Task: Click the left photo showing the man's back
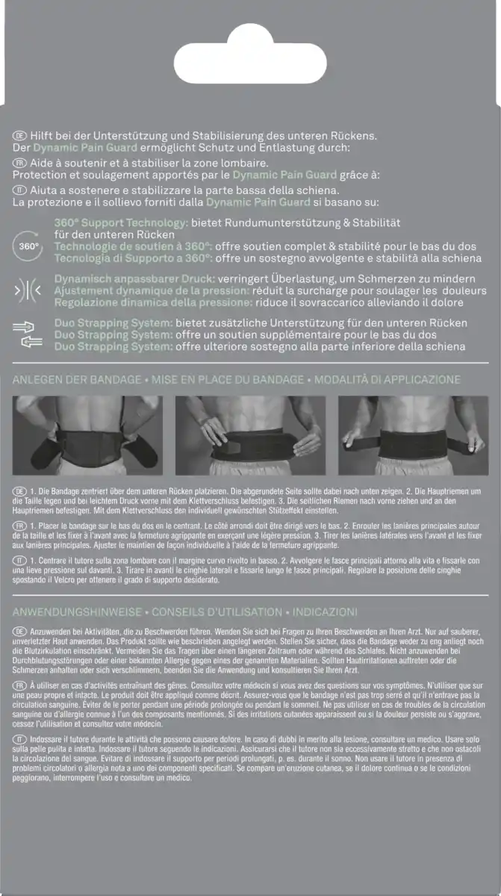(88, 436)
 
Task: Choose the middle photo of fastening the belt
(250, 436)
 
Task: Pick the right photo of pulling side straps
(413, 436)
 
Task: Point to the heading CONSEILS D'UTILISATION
(217, 611)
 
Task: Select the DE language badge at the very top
(20, 135)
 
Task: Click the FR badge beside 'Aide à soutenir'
(20, 162)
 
